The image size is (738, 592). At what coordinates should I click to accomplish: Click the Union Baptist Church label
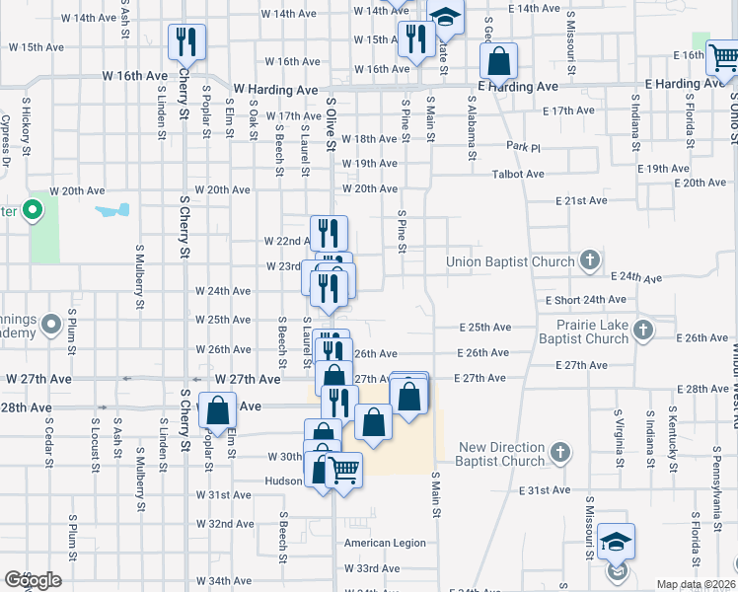coord(510,261)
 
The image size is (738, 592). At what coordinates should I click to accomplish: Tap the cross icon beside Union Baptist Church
coord(590,260)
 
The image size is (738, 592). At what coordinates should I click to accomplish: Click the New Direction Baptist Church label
coord(502,454)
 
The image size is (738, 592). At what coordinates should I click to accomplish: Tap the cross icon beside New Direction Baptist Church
coord(560,453)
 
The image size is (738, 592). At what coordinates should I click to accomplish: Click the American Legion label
coord(385,543)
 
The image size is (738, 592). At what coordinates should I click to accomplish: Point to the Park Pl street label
coord(524,146)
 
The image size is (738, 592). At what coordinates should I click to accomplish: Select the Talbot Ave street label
coord(519,175)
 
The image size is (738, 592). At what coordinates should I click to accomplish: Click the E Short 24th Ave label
coord(587,299)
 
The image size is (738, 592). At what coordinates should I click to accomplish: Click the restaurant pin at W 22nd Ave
coord(329,233)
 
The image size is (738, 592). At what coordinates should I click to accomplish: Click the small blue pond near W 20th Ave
coord(112,210)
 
